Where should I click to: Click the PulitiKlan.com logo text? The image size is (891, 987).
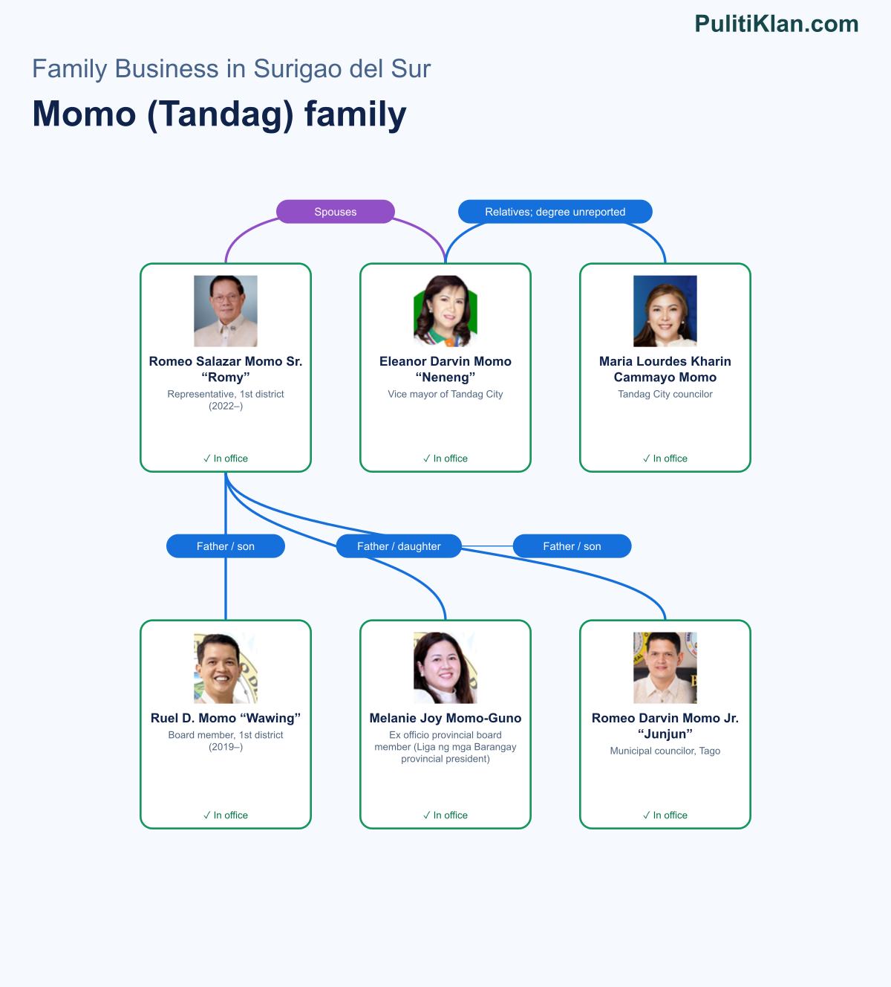(x=777, y=24)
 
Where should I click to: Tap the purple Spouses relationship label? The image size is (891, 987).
(x=336, y=212)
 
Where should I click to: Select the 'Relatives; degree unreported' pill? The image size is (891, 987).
(x=555, y=212)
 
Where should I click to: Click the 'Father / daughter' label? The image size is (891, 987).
(x=399, y=546)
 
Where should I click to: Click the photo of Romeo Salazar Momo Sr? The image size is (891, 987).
(x=226, y=311)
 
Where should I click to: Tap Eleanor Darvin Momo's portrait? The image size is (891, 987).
(x=446, y=311)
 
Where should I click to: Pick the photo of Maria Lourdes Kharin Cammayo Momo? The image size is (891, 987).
(x=665, y=311)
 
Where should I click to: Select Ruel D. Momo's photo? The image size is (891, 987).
(x=226, y=667)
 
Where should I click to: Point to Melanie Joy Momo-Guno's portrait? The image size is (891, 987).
(x=446, y=667)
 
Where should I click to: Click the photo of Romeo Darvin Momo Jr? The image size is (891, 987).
(x=665, y=667)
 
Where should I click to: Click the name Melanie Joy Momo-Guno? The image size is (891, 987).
(x=446, y=718)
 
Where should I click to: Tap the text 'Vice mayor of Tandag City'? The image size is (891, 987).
(x=446, y=394)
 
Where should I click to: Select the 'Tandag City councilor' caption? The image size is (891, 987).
(x=665, y=394)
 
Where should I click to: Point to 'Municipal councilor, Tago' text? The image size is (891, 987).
(x=665, y=751)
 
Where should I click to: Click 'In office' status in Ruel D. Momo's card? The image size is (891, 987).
(x=226, y=815)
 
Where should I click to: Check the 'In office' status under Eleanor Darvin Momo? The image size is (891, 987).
(x=446, y=459)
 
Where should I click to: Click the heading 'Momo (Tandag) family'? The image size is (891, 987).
(x=219, y=114)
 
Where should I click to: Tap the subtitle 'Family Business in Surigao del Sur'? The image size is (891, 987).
(x=231, y=68)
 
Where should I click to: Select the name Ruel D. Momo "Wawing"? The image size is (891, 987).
(x=226, y=718)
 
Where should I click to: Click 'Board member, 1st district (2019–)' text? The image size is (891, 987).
(x=226, y=740)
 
